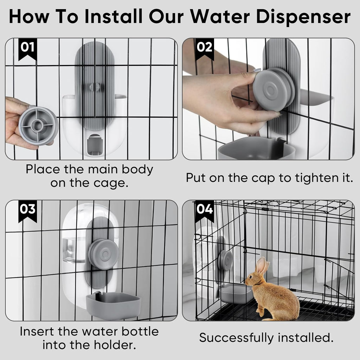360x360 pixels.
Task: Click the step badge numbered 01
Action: [27, 47]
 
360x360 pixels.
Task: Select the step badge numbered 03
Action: [27, 210]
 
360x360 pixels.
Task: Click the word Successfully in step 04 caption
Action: [237, 338]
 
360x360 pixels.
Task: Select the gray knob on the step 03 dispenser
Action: [103, 254]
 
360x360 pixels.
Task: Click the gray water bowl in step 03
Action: [113, 306]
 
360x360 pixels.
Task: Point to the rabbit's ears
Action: [262, 266]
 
